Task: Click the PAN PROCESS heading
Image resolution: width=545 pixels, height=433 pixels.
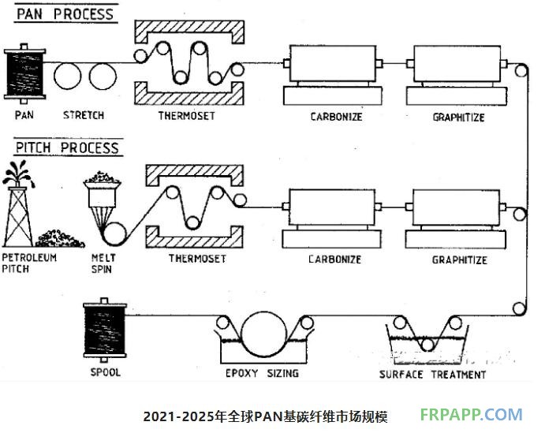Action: point(65,13)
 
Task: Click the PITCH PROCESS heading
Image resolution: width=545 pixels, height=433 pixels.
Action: point(67,147)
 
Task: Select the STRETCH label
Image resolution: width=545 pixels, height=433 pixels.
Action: point(83,115)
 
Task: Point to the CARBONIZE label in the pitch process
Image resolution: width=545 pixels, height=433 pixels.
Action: point(334,259)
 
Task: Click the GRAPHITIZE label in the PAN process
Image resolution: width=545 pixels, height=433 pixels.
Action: point(458,118)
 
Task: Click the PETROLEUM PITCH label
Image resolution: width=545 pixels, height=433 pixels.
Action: point(29,263)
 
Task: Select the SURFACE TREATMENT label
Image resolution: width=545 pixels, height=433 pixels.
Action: point(432,375)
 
